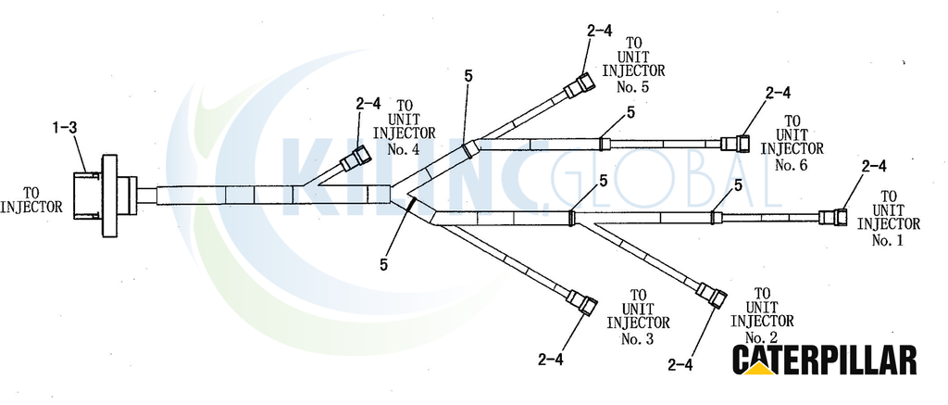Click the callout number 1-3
click(65, 128)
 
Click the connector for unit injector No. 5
click(580, 85)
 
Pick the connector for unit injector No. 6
click(736, 144)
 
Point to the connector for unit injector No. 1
click(833, 218)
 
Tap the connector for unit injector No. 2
click(710, 295)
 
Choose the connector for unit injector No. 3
click(581, 301)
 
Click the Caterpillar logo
click(824, 361)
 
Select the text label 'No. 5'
click(633, 86)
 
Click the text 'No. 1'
click(888, 240)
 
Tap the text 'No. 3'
click(638, 338)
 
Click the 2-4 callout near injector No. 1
click(874, 165)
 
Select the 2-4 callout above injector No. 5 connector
click(599, 31)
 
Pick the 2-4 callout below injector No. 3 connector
click(550, 359)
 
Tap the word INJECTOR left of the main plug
click(31, 207)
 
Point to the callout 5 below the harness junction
click(384, 264)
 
